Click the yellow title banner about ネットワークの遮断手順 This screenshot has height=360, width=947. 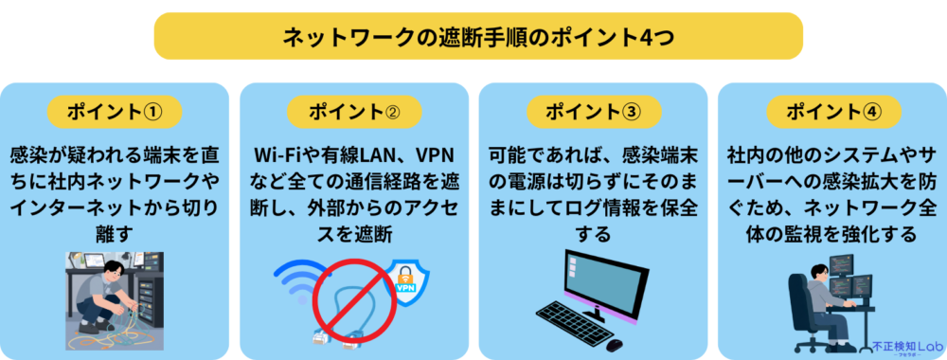tap(478, 36)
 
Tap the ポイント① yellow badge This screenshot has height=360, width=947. tap(115, 112)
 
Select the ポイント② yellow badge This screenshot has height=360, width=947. tap(354, 112)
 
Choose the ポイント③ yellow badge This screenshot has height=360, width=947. tap(594, 112)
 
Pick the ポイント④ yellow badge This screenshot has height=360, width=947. tap(833, 112)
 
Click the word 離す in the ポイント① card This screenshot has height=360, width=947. tap(115, 234)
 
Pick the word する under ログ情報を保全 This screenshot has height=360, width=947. tap(593, 234)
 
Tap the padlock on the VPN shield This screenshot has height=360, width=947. tap(405, 274)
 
